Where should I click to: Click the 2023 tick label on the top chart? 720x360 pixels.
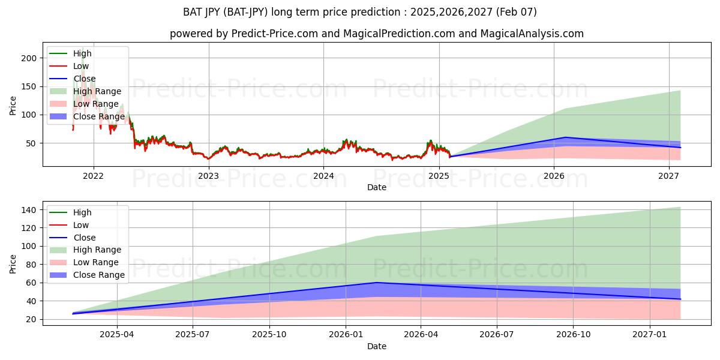click(x=208, y=176)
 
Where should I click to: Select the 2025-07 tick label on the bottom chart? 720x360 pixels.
click(x=193, y=335)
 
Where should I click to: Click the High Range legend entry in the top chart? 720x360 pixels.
click(x=98, y=91)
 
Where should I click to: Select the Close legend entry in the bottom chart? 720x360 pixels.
click(x=84, y=238)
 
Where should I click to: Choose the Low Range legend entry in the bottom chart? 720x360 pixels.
click(x=96, y=262)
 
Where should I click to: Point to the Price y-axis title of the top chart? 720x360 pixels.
click(x=13, y=105)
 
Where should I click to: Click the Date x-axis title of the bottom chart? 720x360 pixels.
click(x=376, y=346)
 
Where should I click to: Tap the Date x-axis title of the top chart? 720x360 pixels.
click(x=376, y=187)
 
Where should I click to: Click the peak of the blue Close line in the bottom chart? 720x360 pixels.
click(x=376, y=282)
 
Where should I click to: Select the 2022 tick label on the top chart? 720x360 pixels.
click(x=93, y=176)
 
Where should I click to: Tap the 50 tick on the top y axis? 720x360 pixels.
click(x=32, y=143)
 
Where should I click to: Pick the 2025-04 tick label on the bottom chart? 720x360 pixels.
click(x=117, y=335)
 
